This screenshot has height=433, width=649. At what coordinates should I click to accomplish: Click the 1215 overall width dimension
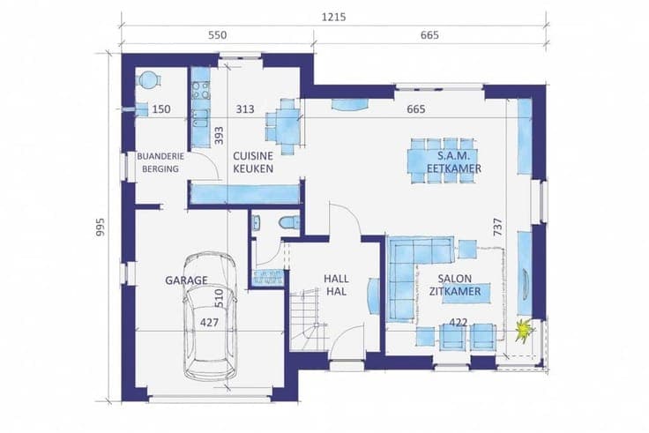[333, 18]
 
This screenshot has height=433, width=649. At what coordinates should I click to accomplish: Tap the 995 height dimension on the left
[101, 228]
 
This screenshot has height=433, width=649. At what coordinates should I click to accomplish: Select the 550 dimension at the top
[217, 35]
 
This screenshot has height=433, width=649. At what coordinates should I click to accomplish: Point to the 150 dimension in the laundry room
[161, 109]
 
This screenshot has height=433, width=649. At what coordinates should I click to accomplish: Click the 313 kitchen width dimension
[245, 109]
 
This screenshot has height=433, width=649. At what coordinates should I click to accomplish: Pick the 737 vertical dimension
[497, 227]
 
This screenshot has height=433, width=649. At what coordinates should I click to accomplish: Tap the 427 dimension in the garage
[210, 323]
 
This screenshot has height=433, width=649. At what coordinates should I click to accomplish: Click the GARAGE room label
[186, 280]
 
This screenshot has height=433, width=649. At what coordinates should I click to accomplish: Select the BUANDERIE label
[160, 156]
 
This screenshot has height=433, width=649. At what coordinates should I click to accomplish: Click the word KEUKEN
[253, 169]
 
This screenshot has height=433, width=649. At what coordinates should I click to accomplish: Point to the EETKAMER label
[454, 169]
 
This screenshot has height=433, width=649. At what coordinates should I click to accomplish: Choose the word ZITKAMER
[455, 291]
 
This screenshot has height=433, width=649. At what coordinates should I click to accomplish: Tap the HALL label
[336, 279]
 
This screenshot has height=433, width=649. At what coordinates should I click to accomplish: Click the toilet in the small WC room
[289, 222]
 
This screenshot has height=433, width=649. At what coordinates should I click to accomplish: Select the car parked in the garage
[210, 316]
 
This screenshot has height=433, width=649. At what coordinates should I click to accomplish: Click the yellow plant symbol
[524, 331]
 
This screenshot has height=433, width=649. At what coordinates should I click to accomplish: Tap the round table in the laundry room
[148, 79]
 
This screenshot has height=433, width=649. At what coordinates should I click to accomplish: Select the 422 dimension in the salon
[459, 323]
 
